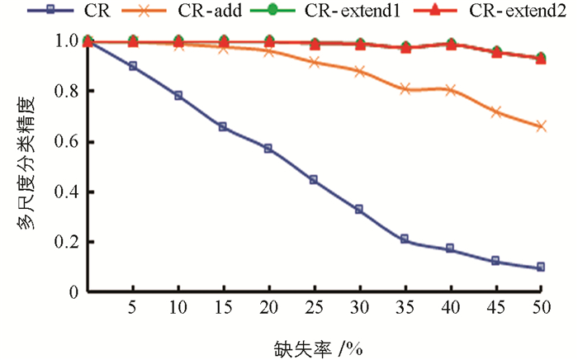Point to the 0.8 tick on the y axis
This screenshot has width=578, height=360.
[x=69, y=92]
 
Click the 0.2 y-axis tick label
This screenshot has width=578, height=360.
[x=69, y=242]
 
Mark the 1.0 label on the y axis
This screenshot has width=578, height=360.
[x=69, y=41]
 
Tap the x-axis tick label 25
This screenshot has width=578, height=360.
[x=314, y=306]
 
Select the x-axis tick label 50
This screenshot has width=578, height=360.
[x=540, y=306]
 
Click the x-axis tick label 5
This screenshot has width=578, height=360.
[x=133, y=306]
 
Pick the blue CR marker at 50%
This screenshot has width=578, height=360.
[x=540, y=268]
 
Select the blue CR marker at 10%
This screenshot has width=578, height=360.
[x=178, y=96]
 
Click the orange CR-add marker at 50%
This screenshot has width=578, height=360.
[x=540, y=126]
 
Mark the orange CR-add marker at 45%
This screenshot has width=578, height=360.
[x=495, y=111]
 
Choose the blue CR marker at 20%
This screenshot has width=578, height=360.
[x=268, y=149]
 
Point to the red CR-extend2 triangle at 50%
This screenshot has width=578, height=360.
[x=540, y=59]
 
